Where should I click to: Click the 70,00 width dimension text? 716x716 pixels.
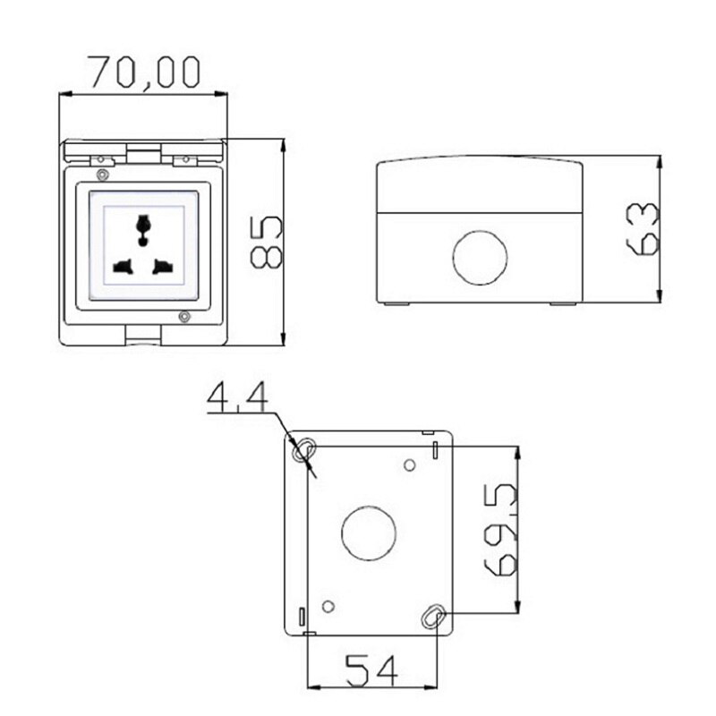pos(143,72)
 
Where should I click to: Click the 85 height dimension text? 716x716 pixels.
pos(266,241)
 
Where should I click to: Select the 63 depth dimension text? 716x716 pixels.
pos(644,229)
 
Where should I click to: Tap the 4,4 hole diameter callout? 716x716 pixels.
pos(237,398)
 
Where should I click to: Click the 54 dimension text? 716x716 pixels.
pos(372,669)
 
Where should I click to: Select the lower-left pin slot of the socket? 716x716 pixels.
pos(123,266)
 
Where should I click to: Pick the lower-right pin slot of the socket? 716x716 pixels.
pos(163,266)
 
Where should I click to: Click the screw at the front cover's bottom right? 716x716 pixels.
pos(183,317)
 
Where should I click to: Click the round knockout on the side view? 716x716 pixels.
pos(480,257)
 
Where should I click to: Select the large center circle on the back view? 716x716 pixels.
pos(369,533)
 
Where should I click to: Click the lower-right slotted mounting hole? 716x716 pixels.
pos(434,616)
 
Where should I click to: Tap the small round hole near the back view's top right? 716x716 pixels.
pos(409,465)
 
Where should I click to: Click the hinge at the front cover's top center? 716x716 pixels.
pos(144,155)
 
